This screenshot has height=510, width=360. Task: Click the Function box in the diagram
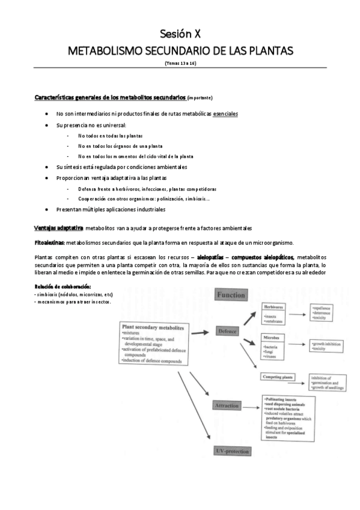tap(231, 295)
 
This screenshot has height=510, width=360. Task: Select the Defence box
tap(228, 331)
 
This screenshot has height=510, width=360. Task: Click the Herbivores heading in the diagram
tap(274, 307)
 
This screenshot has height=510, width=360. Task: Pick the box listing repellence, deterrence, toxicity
tap(327, 312)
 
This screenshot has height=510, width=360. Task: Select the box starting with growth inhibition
tap(327, 345)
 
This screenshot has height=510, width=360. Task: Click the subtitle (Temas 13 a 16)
tap(180, 63)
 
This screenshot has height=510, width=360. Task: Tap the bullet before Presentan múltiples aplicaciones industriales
tap(47, 209)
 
